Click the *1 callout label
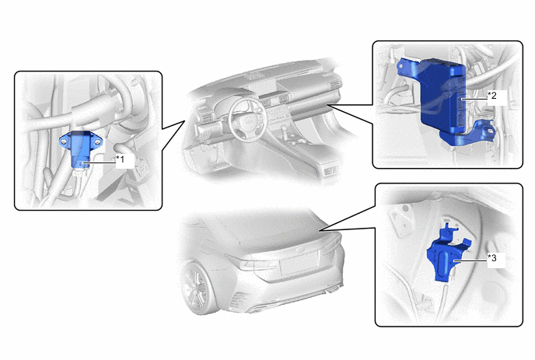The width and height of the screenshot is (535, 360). click(121, 159)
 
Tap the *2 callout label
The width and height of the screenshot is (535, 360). click(492, 95)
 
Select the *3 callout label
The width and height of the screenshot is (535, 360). click(492, 258)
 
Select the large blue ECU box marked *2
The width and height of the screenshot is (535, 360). click(442, 96)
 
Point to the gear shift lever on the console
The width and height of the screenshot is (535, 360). click(283, 130)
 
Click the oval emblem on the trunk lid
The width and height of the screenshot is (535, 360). click(300, 250)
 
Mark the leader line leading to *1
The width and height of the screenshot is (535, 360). click(100, 163)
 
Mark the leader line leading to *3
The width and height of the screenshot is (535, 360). click(470, 261)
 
